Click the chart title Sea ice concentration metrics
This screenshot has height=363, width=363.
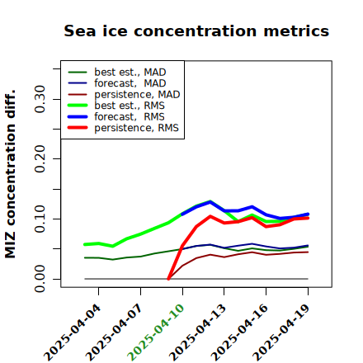(196, 31)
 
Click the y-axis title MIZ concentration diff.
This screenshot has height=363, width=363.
(10, 174)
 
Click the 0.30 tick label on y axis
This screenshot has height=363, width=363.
(40, 99)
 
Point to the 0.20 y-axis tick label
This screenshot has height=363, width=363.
(40, 158)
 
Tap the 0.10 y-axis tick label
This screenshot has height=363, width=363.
(40, 219)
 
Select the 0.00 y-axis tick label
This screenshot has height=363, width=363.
(40, 279)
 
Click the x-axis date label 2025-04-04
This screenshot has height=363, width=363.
(73, 332)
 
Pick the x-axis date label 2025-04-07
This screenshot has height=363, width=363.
(115, 332)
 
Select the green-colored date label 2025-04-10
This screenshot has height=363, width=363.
(156, 332)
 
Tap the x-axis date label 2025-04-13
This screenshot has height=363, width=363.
(198, 332)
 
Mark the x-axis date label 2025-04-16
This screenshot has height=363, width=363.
(239, 332)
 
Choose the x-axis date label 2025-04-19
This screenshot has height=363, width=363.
(281, 332)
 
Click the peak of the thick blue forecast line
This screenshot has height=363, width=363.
(210, 202)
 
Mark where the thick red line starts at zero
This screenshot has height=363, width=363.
(168, 279)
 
